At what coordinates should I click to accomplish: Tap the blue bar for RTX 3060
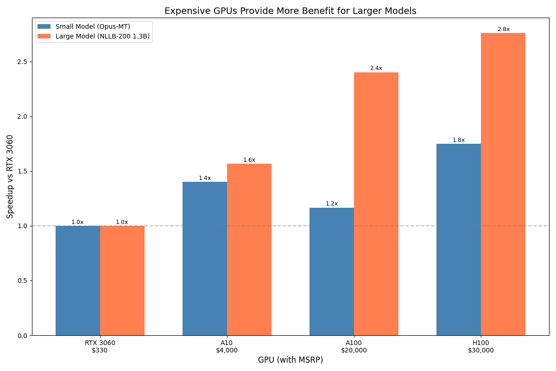[x=78, y=281]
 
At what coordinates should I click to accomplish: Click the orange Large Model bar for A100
[x=376, y=204]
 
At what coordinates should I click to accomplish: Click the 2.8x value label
[x=503, y=29]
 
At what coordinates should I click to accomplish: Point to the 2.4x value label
[x=376, y=68]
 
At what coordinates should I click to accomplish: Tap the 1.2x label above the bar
[x=332, y=204]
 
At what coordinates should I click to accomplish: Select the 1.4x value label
[x=205, y=178]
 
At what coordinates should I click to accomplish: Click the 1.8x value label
[x=459, y=140]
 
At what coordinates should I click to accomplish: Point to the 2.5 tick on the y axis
[x=22, y=62]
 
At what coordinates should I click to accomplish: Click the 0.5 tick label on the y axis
[x=22, y=281]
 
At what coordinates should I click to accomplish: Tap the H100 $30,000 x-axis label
[x=481, y=346]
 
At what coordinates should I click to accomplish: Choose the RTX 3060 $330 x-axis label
[x=100, y=346]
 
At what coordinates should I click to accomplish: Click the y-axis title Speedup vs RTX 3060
[x=10, y=176]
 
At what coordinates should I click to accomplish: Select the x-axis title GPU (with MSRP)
[x=291, y=360]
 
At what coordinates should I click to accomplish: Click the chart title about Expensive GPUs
[x=291, y=11]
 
